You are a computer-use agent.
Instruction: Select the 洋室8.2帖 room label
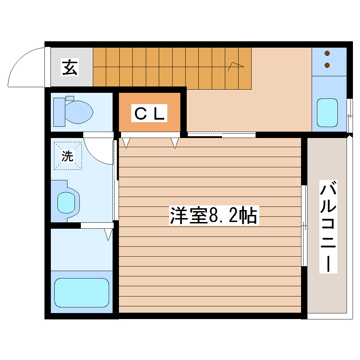tap(214, 215)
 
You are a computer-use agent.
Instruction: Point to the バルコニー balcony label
tap(328, 227)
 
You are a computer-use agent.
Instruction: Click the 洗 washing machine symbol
tap(68, 156)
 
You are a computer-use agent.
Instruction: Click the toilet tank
tap(59, 112)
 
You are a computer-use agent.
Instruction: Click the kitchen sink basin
tap(327, 113)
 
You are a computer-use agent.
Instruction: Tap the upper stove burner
tap(327, 54)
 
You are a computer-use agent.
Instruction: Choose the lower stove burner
tap(327, 65)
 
